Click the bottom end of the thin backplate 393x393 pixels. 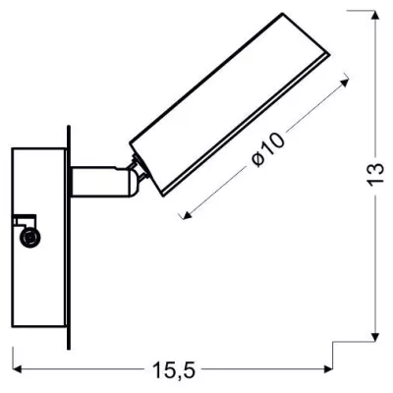coord(68,347)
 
